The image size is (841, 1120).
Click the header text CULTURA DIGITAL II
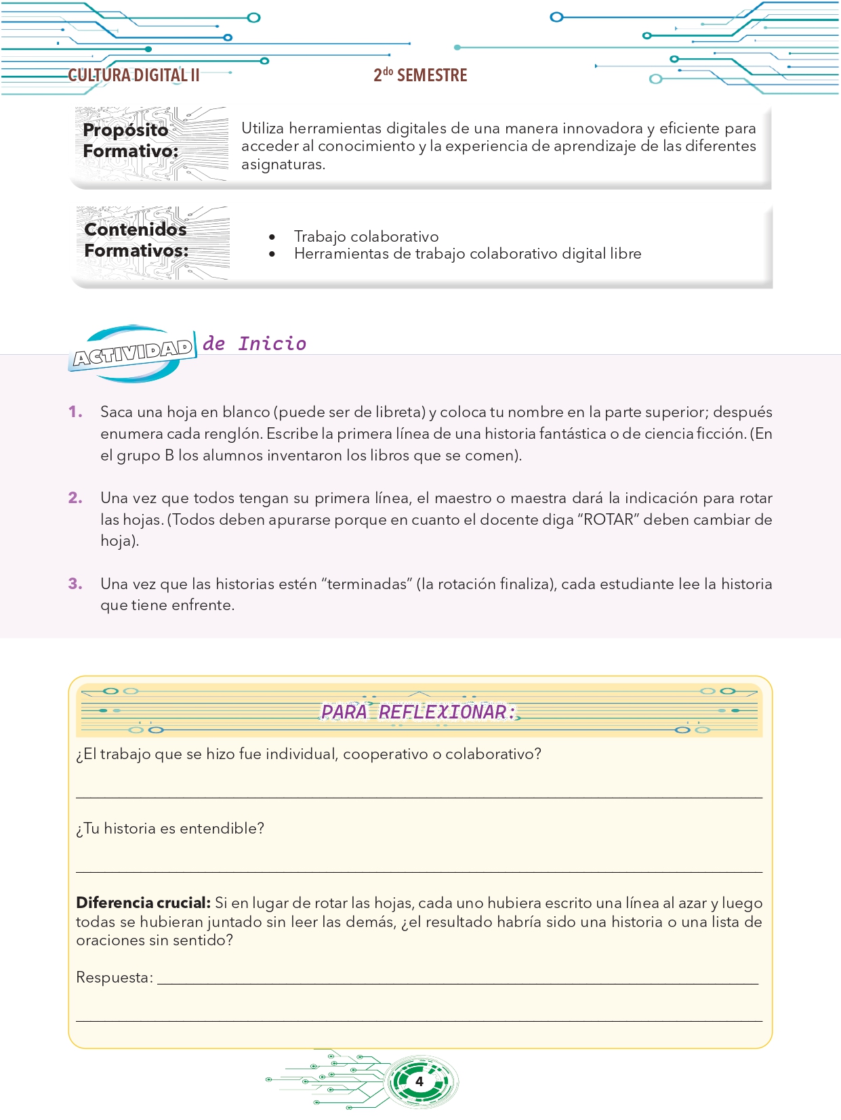pyautogui.click(x=134, y=75)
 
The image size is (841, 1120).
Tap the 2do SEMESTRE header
pyautogui.click(x=420, y=75)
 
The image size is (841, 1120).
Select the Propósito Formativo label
pyautogui.click(x=130, y=140)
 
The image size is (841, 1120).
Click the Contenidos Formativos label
pyautogui.click(x=136, y=240)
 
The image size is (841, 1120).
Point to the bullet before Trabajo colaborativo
pyautogui.click(x=272, y=237)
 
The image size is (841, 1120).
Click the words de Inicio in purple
pyautogui.click(x=255, y=344)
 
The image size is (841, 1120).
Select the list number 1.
pyautogui.click(x=75, y=412)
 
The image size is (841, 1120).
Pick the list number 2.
pyautogui.click(x=75, y=498)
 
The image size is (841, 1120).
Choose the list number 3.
pyautogui.click(x=75, y=584)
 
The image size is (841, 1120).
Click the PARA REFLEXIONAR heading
pyautogui.click(x=417, y=712)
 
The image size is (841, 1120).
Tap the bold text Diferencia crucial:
pyautogui.click(x=143, y=903)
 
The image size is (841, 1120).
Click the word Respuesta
pyautogui.click(x=114, y=978)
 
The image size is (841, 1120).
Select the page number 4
pyautogui.click(x=419, y=1081)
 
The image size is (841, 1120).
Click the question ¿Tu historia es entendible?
pyautogui.click(x=170, y=829)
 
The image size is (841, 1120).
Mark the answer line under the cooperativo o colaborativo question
pyautogui.click(x=419, y=796)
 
